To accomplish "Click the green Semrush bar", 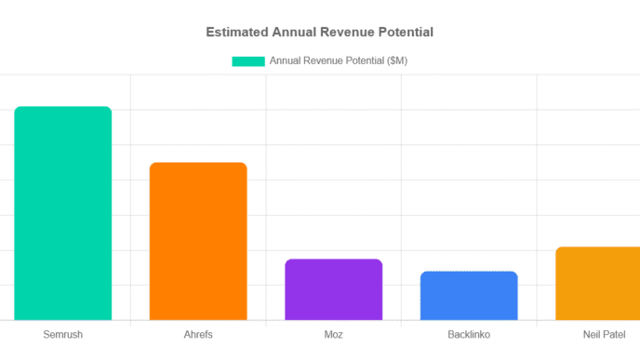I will click(63, 214).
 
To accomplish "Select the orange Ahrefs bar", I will click(198, 242).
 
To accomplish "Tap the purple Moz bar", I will click(334, 289).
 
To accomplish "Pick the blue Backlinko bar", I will click(469, 296).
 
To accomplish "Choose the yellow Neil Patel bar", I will click(598, 284).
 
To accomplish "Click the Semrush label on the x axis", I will click(63, 334).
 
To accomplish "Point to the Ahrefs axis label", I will click(198, 334).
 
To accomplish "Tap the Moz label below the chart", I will click(334, 334).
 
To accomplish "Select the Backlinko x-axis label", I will click(469, 334).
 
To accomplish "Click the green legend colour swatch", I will click(248, 61).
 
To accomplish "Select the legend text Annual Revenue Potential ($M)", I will click(339, 61).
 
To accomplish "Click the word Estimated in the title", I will click(236, 32).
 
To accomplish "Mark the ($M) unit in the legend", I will click(394, 61).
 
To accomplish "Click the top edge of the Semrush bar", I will click(63, 107).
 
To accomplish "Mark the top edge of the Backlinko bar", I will click(469, 272).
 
